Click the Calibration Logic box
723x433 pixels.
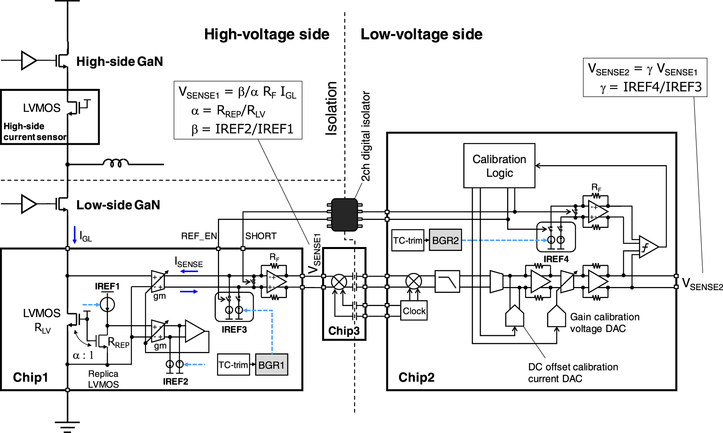[499, 166]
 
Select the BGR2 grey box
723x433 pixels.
[445, 240]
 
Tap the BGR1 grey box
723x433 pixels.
[271, 365]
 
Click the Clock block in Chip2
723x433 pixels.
[414, 311]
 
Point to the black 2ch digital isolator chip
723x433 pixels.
[345, 215]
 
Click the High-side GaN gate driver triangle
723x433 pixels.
[29, 60]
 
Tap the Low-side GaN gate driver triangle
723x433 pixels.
[29, 204]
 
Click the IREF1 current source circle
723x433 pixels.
[107, 304]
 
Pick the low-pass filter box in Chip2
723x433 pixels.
[447, 281]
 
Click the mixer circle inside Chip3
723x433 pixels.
[339, 282]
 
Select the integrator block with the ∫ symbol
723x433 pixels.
[648, 247]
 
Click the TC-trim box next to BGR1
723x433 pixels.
[233, 365]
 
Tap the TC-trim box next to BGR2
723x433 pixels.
[407, 240]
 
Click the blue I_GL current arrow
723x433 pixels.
[75, 235]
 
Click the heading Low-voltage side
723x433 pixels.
[421, 34]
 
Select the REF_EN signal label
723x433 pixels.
[199, 236]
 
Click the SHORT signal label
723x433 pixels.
[261, 236]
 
